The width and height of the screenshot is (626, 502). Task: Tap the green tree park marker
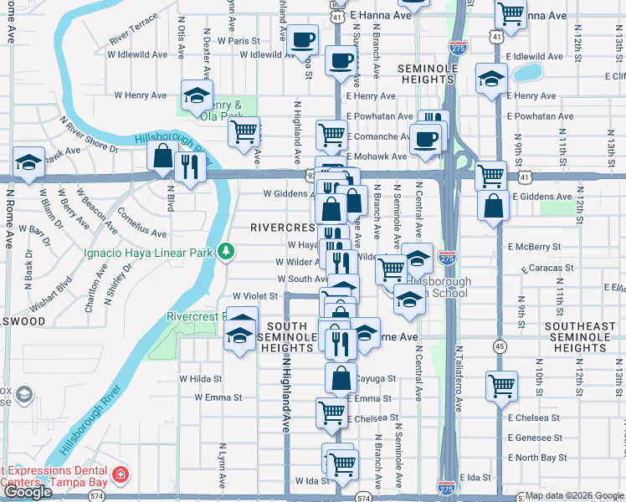tap(225, 251)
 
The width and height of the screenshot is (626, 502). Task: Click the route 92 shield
tap(311, 177)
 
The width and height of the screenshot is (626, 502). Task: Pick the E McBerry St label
tap(534, 247)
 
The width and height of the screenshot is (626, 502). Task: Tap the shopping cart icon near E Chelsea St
tap(331, 411)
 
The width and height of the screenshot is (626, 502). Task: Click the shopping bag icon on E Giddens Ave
tap(494, 205)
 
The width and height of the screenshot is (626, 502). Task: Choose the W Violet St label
tap(254, 295)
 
